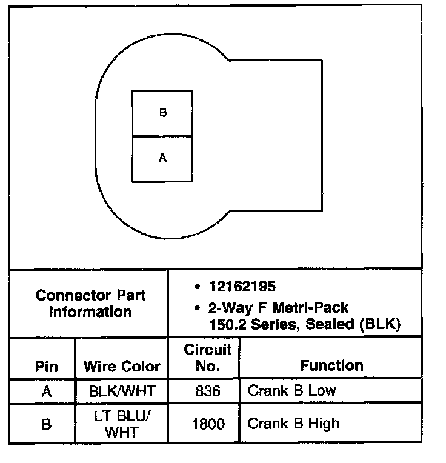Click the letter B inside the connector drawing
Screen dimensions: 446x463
click(x=162, y=113)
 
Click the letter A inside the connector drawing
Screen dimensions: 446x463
click(x=162, y=158)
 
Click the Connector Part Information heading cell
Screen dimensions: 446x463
click(x=90, y=304)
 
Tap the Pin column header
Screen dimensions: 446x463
click(x=47, y=367)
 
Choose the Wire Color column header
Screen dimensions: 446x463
click(x=122, y=367)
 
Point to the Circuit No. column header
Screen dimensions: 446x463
click(x=208, y=358)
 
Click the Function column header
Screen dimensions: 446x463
click(x=331, y=365)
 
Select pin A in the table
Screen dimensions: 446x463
click(x=47, y=391)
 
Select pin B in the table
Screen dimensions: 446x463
click(x=47, y=424)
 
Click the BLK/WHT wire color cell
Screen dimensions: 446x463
click(x=122, y=391)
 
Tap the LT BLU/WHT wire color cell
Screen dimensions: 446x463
click(x=122, y=424)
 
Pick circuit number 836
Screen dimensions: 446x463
click(x=208, y=391)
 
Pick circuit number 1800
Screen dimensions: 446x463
click(x=208, y=424)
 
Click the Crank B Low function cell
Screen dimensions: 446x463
click(x=291, y=390)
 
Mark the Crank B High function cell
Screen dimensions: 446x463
click(x=293, y=423)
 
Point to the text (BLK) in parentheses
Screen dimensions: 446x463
click(x=381, y=324)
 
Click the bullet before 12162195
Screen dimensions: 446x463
click(x=198, y=287)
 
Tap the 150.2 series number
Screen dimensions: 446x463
click(x=225, y=324)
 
